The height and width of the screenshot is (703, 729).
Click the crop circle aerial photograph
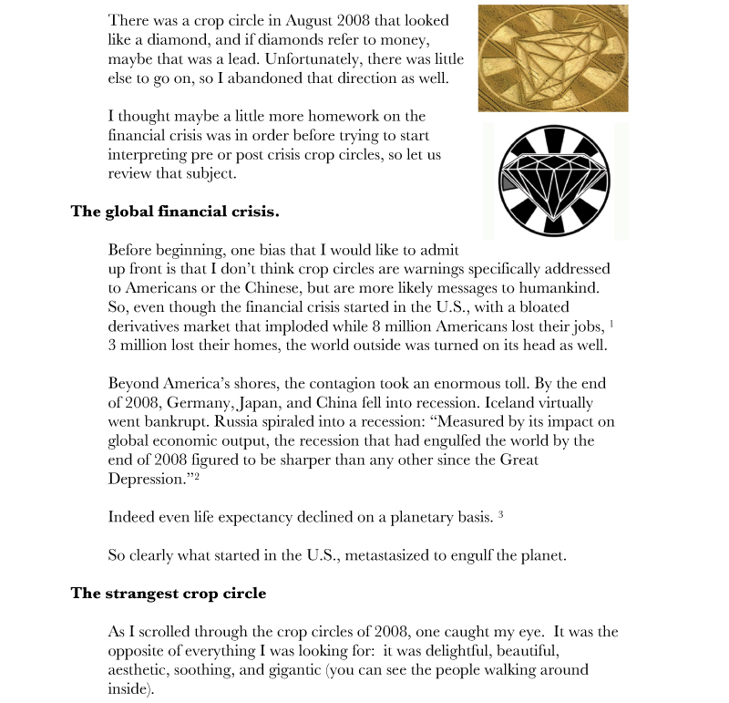pos(553,57)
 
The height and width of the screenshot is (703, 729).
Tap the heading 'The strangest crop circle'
pos(169,594)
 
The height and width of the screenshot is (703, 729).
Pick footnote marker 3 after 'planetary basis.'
pos(501,514)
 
